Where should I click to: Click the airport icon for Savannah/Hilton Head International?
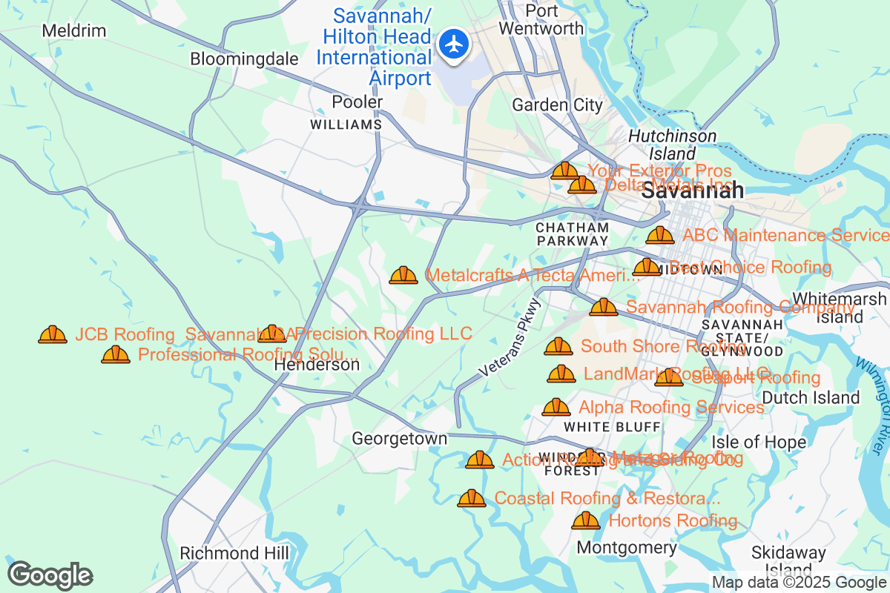(x=452, y=43)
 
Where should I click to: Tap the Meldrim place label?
(x=74, y=31)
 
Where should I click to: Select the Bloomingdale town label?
(x=244, y=59)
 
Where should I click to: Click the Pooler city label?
(x=357, y=102)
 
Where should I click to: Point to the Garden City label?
(x=557, y=105)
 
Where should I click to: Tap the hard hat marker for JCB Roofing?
(x=53, y=335)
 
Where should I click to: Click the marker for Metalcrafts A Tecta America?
(x=403, y=276)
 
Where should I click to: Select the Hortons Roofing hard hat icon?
(x=586, y=520)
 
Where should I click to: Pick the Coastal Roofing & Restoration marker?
(x=472, y=498)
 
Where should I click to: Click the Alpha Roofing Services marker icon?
(x=556, y=407)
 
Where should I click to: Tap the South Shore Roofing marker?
(x=558, y=346)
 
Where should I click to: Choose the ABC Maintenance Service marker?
(x=660, y=236)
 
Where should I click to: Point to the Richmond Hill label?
(x=234, y=554)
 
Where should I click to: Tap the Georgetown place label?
(x=399, y=439)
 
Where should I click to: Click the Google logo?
(x=50, y=575)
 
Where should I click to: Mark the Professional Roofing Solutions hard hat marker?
(x=116, y=354)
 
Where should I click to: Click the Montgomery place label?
(x=627, y=548)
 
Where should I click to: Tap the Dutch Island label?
(x=811, y=398)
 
